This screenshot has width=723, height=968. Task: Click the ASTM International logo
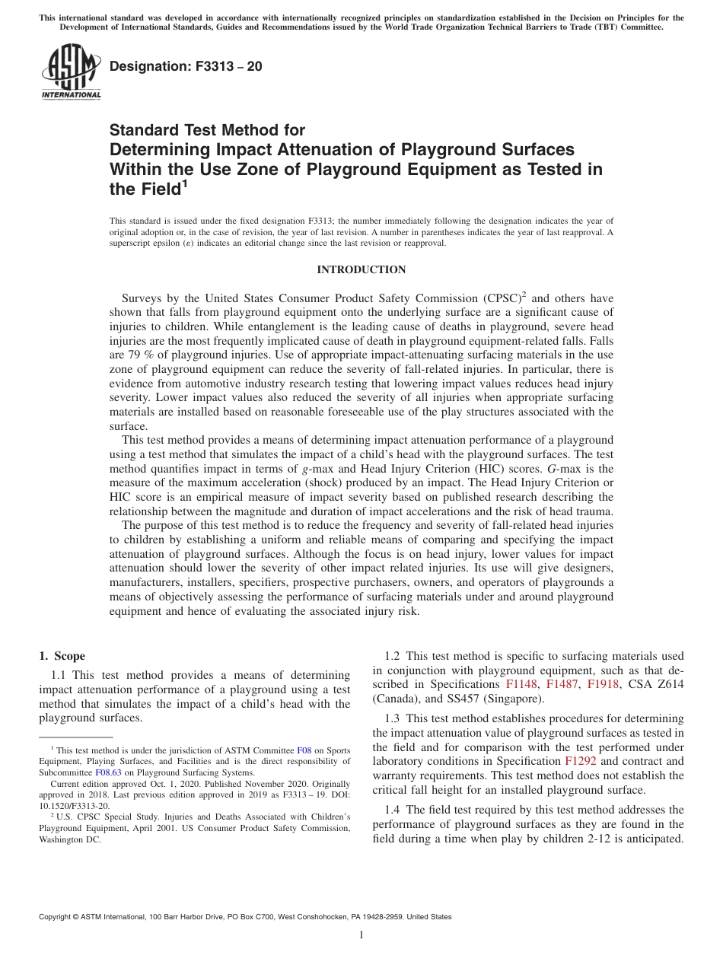(70, 73)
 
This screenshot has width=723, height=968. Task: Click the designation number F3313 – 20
(186, 67)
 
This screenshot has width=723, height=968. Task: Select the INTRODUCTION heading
(361, 269)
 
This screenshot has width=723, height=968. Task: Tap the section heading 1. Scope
(62, 656)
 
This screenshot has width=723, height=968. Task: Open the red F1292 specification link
(578, 761)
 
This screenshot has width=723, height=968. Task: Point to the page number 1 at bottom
(361, 935)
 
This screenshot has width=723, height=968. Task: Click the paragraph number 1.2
(393, 656)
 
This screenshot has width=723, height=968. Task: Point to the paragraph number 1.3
(393, 718)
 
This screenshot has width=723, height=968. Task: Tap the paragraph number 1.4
(393, 810)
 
